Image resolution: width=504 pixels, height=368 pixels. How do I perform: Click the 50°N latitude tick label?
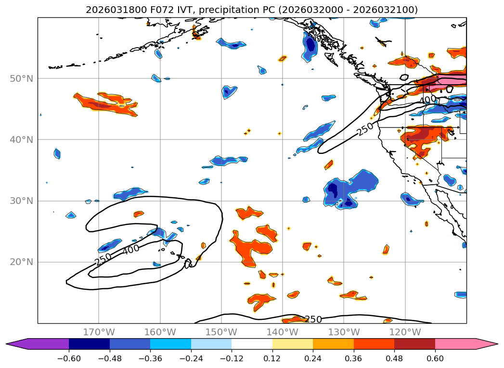tap(21, 78)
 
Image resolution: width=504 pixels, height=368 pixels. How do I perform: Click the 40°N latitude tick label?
tap(21, 140)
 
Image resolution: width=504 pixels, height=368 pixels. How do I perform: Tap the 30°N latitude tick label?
tap(21, 201)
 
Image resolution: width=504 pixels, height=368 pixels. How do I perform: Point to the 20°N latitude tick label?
tap(21, 262)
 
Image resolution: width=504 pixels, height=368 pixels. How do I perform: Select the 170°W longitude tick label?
tap(99, 332)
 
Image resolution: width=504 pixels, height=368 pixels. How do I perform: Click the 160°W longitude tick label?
tap(160, 332)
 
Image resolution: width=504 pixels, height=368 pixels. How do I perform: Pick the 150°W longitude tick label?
tap(221, 332)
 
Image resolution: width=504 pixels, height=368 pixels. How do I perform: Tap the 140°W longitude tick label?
tap(283, 332)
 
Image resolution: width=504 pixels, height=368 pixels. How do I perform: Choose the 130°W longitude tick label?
tap(344, 332)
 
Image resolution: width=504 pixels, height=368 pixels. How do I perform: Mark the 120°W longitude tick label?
tap(405, 332)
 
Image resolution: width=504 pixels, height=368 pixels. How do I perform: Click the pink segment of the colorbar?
tap(460, 344)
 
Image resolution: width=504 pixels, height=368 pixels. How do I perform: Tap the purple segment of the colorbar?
tap(43, 344)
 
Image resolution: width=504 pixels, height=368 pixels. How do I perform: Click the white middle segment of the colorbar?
tap(252, 344)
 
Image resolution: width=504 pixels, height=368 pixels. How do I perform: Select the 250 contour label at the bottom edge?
tap(313, 319)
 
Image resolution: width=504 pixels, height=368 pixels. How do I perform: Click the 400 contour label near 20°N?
tap(130, 249)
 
